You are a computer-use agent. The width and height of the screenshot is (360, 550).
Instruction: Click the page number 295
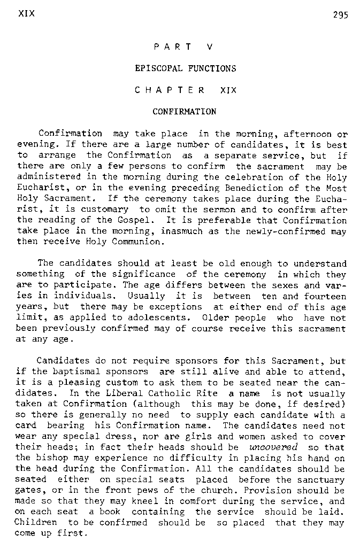click(340, 15)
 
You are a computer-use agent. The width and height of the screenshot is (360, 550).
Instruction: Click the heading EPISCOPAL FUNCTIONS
click(185, 68)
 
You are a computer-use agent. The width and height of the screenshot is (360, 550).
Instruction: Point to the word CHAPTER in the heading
click(170, 90)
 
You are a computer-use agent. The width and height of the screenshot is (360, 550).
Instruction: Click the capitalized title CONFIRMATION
click(185, 112)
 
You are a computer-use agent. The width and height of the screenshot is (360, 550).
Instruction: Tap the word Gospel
click(137, 220)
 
